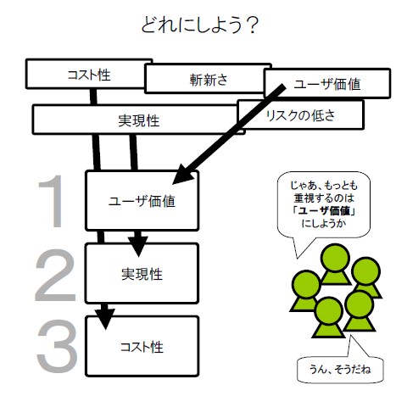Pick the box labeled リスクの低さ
300,113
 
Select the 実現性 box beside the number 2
142,274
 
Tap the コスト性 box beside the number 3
142,346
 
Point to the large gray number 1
56,202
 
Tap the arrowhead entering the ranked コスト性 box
103,318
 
